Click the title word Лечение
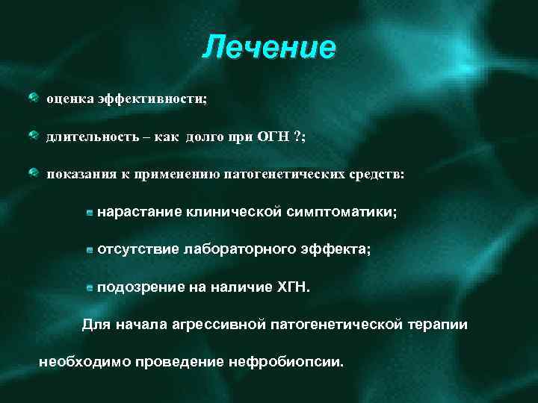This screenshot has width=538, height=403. (269, 48)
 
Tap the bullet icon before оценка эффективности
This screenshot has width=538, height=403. (34, 97)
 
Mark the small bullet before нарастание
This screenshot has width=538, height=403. (90, 213)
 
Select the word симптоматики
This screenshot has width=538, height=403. (341, 213)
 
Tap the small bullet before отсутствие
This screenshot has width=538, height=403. (90, 251)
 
